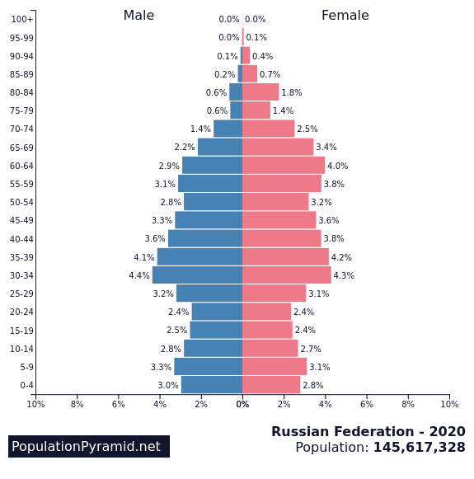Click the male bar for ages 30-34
(x=197, y=275)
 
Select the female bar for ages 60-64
(x=284, y=166)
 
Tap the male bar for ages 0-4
(x=212, y=385)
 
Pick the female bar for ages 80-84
(x=260, y=92)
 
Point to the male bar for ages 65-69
(x=220, y=148)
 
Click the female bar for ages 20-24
(x=266, y=312)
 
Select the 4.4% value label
(x=138, y=276)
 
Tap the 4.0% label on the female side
(x=337, y=167)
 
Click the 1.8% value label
(x=291, y=93)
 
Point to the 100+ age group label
(x=22, y=20)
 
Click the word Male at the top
(x=138, y=16)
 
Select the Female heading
(x=345, y=16)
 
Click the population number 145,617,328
(x=419, y=448)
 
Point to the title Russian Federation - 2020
(x=368, y=432)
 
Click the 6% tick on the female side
(x=367, y=404)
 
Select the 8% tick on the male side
(x=77, y=404)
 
